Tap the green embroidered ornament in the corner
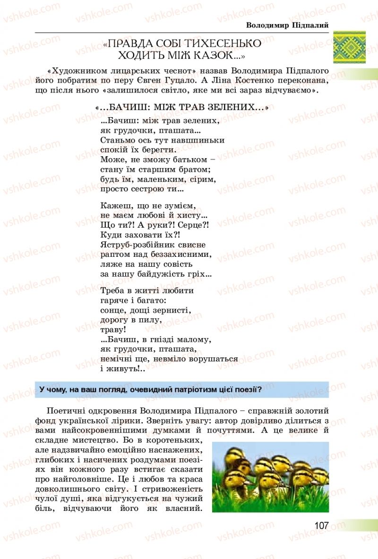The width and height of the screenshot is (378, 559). (349, 47)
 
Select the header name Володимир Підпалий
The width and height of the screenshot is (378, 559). (287, 25)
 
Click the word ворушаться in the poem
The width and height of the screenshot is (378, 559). (213, 359)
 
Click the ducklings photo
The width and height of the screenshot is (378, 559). (270, 477)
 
